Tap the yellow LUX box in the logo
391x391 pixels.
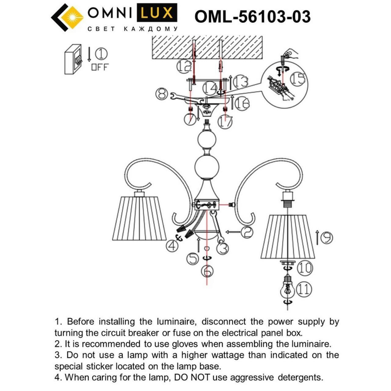click(155, 14)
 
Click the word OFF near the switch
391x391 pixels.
click(99, 67)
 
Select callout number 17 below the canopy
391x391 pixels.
click(226, 122)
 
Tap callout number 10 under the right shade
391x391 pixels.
click(305, 268)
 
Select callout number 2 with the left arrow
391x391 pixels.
click(247, 232)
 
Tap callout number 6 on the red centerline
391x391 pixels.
click(208, 270)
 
